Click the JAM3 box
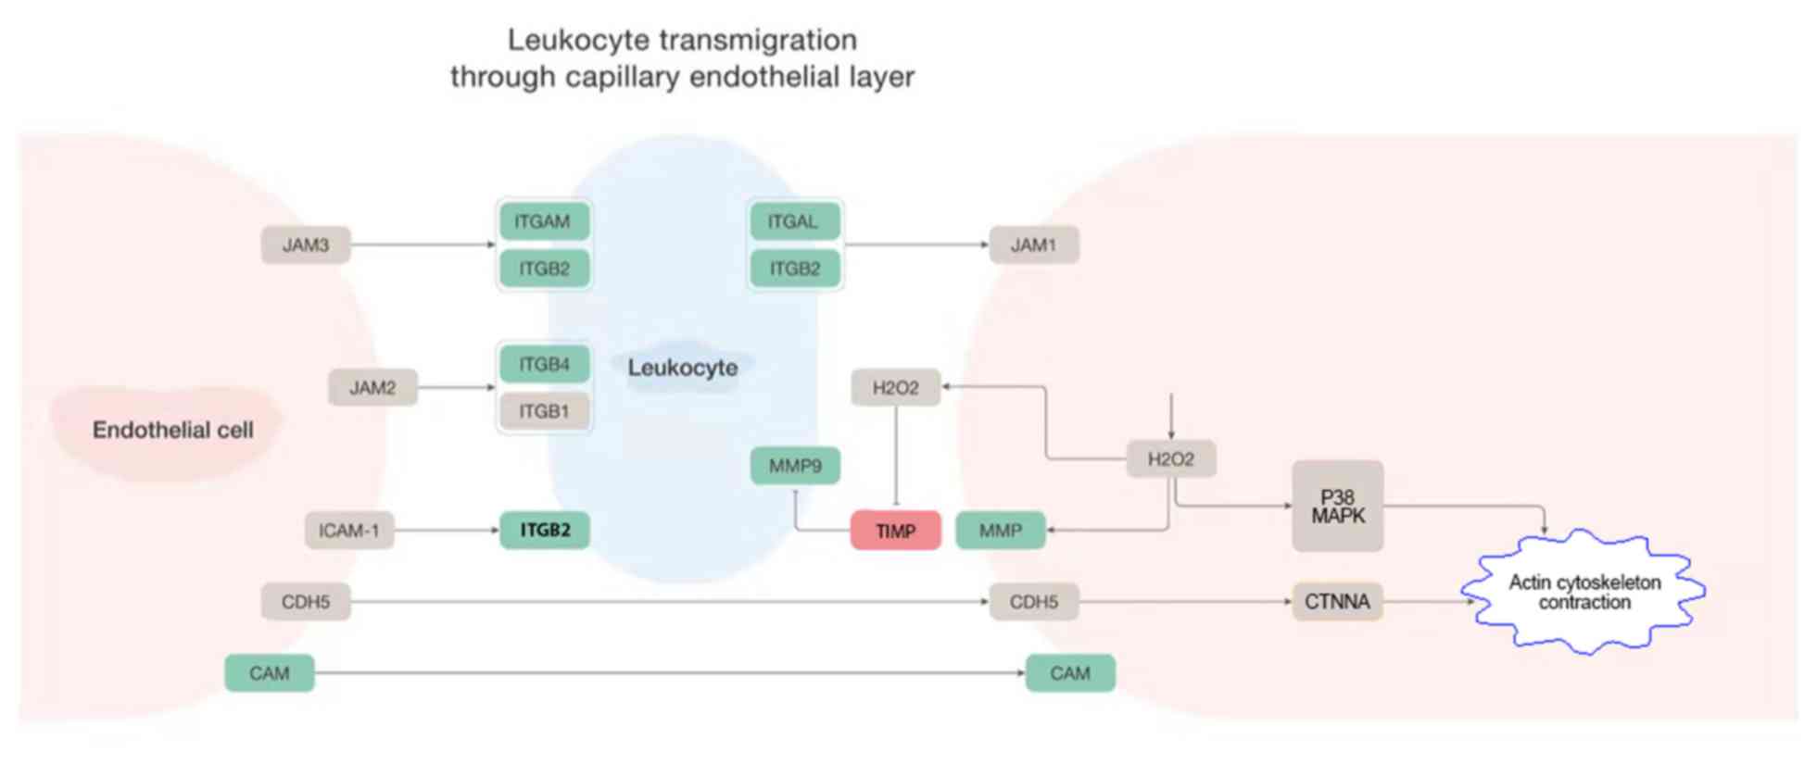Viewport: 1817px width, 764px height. coord(305,245)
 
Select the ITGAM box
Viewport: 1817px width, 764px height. coord(544,221)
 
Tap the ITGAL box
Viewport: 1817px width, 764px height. coord(794,221)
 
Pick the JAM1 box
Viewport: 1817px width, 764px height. coord(1033,245)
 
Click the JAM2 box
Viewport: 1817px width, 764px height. coord(372,388)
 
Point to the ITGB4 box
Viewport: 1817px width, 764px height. coord(544,364)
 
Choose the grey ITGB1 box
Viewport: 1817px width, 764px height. coord(544,411)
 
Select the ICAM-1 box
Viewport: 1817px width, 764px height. coord(348,531)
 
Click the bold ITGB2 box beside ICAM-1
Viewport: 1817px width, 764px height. coord(544,531)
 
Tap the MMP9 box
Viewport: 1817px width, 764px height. coord(794,466)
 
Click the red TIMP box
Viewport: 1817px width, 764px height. coord(895,531)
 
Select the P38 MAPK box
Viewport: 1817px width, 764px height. coord(1337,507)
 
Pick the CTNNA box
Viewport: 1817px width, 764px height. coord(1337,602)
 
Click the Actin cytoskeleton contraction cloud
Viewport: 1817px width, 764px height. coord(1584,593)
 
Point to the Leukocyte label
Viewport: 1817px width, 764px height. coord(683,368)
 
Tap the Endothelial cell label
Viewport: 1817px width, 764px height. coord(172,430)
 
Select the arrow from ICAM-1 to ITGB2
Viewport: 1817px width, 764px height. coord(447,531)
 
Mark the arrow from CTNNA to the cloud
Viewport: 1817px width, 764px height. coord(1427,602)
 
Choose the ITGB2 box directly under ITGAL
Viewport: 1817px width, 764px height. coord(794,269)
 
